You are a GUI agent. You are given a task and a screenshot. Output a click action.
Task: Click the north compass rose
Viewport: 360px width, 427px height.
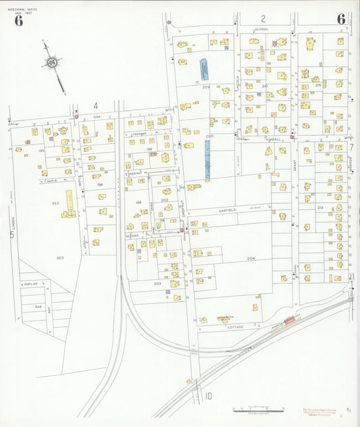[51, 63]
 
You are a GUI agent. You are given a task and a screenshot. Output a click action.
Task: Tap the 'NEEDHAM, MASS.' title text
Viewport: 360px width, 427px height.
[26, 7]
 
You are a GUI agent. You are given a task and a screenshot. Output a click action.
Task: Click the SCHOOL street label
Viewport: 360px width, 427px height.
[261, 29]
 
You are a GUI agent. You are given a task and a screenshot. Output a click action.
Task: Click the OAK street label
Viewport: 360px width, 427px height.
[97, 117]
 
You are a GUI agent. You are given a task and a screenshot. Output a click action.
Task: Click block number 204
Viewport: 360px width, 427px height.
[251, 258]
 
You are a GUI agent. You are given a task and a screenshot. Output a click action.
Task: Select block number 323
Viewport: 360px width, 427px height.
[59, 257]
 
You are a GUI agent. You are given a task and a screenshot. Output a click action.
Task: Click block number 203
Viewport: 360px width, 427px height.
[157, 284]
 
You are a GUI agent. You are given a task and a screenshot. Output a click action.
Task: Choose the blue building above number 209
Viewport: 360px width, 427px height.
[203, 70]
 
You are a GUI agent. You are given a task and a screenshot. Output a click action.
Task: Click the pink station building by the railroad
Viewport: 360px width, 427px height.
[290, 320]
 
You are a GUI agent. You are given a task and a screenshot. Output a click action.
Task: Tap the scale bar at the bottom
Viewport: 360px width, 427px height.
[251, 409]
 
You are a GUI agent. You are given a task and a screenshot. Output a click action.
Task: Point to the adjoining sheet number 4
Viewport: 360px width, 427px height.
[96, 105]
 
